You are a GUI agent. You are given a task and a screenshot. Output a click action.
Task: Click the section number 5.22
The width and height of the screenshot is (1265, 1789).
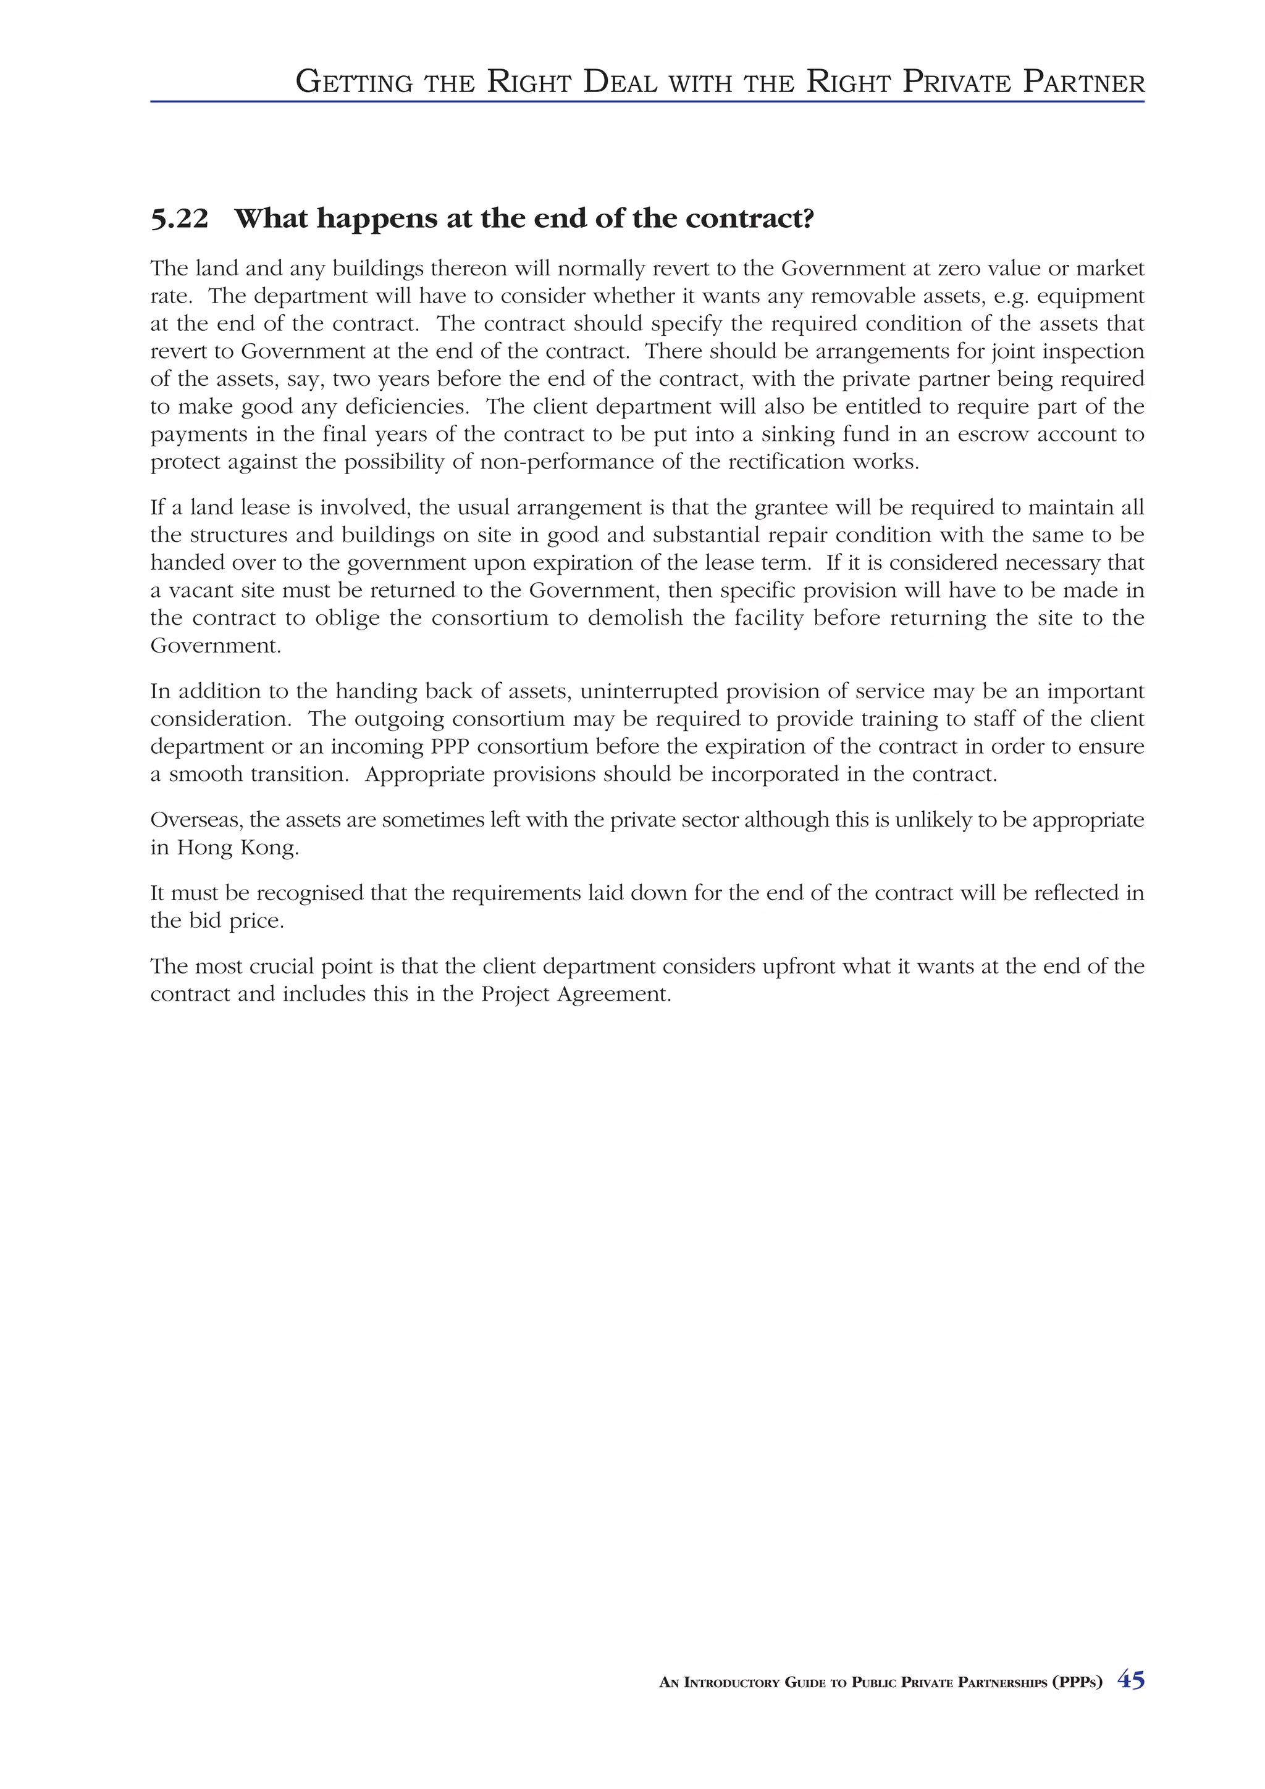(179, 220)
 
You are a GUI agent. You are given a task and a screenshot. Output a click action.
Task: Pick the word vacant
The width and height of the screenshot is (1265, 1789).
(205, 591)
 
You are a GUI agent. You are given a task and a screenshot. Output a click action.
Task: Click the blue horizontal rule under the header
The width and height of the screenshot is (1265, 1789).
(647, 101)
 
